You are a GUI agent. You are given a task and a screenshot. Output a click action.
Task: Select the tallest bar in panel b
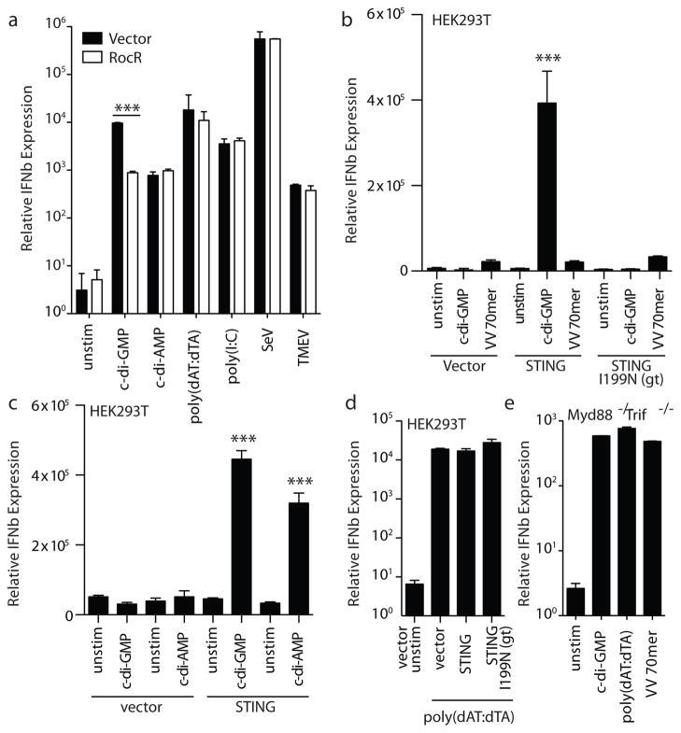545,187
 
